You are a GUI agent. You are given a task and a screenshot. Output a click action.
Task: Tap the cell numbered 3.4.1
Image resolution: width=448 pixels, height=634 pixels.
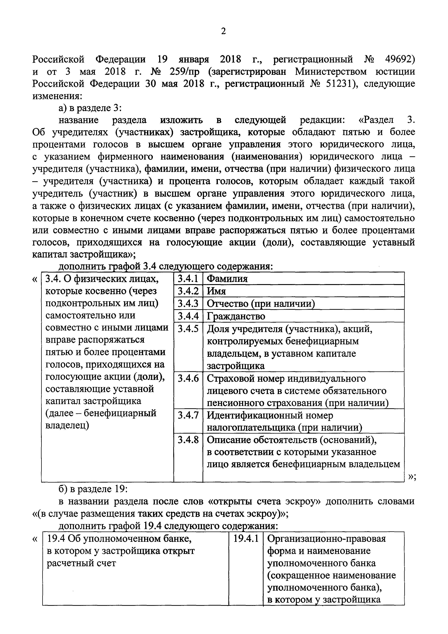click(188, 279)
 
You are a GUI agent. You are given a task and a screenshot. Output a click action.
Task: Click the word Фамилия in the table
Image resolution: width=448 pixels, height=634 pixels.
click(227, 279)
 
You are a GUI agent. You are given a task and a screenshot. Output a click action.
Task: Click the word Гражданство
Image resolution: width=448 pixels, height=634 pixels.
click(236, 316)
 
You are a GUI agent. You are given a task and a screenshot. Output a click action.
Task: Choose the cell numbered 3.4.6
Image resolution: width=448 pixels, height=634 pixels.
click(188, 378)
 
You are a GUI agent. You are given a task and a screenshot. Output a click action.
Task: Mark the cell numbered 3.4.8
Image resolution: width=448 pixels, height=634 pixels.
click(188, 440)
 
